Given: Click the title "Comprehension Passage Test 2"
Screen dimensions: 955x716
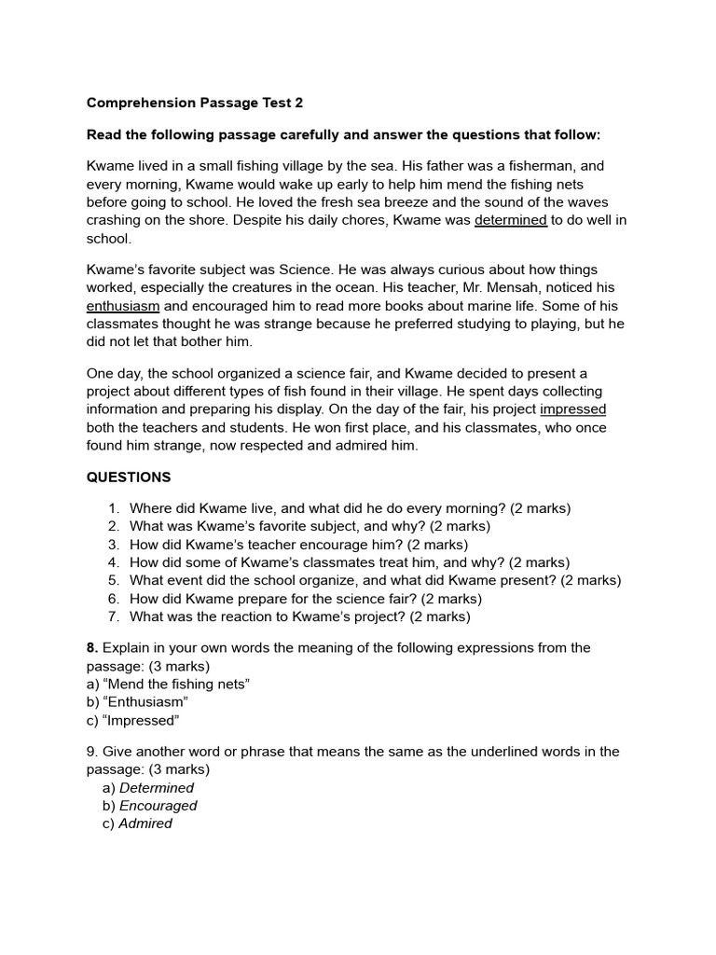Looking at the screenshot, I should pos(194,103).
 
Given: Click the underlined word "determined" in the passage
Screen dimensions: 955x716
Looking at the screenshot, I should pos(511,220).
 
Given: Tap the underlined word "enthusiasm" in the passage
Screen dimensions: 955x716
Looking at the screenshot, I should pos(123,306).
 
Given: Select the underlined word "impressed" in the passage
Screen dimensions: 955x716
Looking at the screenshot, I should pos(572,409).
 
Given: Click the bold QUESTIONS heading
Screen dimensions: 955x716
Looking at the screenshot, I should pos(129,477).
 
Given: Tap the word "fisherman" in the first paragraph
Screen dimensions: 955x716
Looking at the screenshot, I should pos(550,166).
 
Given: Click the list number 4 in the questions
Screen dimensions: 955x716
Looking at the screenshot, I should pos(113,562).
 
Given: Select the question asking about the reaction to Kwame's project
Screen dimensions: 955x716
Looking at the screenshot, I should pos(299,616).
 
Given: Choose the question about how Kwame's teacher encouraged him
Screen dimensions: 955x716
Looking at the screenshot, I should pos(298,545).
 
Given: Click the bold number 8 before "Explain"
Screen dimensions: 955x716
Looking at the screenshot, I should pos(91,648).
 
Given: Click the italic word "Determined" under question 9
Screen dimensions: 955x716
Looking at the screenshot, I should pos(157,788).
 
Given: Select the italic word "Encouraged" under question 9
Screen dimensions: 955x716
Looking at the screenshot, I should pos(158,806).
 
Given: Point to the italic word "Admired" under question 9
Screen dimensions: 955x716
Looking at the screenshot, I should pos(145,824).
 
